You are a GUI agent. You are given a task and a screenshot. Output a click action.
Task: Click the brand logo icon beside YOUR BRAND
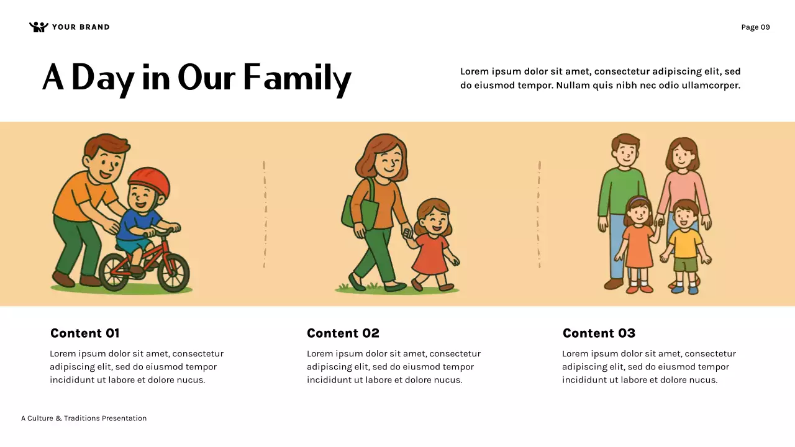point(39,27)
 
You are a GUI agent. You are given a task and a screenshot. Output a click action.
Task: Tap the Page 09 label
point(755,27)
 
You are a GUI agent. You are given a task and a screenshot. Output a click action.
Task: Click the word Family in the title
point(297,78)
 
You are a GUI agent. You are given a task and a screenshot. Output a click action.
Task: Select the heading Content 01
point(84,333)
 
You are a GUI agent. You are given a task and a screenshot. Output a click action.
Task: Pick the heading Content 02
point(343,333)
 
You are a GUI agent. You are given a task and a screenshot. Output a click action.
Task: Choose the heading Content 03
point(599,333)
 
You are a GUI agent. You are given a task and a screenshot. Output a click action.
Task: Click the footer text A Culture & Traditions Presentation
point(84,418)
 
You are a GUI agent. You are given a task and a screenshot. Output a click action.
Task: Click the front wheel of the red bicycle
point(173,272)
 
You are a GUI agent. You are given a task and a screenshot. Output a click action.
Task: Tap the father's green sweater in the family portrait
point(622,189)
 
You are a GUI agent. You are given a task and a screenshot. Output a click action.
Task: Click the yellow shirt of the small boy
point(686,243)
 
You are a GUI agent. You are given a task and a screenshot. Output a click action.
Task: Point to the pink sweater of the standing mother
point(683,189)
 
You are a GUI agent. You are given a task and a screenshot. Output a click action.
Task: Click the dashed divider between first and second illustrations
point(265,214)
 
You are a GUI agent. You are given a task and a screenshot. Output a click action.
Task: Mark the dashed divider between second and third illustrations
point(539,214)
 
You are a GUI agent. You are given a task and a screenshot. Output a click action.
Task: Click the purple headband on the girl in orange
point(638,200)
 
